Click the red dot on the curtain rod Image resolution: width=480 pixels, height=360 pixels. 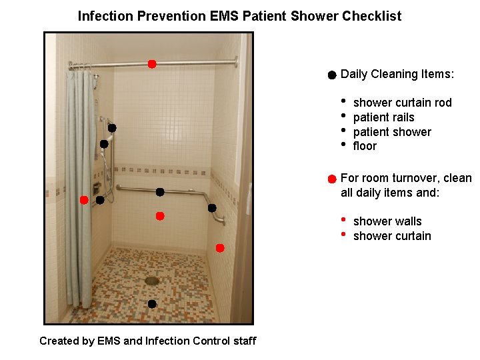click(x=152, y=64)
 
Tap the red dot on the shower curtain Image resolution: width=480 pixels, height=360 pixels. click(x=84, y=200)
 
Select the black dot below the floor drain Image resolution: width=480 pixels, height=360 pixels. click(x=152, y=304)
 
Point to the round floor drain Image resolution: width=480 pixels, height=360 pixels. click(x=152, y=281)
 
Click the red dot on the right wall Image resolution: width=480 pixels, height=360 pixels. click(x=220, y=248)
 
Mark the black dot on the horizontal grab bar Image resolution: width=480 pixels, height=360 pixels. click(x=160, y=192)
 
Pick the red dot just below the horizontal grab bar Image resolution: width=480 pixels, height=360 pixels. click(x=160, y=216)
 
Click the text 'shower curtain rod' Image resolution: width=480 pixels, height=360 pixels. click(x=402, y=103)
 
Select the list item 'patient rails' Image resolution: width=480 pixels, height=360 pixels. click(x=383, y=117)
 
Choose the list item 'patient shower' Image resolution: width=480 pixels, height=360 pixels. click(x=392, y=132)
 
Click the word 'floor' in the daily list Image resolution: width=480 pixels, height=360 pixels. click(x=365, y=146)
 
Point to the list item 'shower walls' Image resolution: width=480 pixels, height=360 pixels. click(x=387, y=221)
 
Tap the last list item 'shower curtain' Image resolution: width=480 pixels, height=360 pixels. click(x=392, y=236)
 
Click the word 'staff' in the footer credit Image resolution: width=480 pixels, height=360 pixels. click(x=245, y=341)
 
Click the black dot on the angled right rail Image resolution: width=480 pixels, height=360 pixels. click(x=212, y=208)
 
